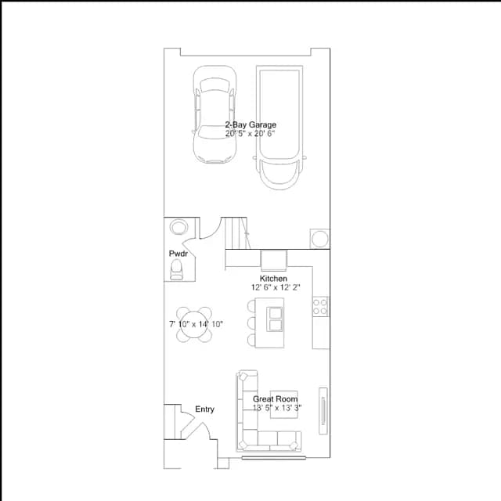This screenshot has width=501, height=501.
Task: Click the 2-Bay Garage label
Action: point(250,124)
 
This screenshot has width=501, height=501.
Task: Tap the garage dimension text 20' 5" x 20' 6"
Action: point(250,134)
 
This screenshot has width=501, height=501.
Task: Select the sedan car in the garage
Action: point(214,114)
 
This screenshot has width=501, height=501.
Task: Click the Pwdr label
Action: point(178,254)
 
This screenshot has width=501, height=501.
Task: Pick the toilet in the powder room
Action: point(176,269)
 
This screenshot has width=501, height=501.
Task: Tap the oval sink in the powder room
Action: point(179,227)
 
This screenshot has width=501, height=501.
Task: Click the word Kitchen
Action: point(273,279)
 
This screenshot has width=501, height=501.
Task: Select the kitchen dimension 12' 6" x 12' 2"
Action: point(276,287)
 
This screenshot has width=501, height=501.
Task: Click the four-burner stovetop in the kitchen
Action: point(320,306)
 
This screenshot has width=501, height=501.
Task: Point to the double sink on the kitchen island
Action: point(275,319)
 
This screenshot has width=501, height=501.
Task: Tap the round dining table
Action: point(194,325)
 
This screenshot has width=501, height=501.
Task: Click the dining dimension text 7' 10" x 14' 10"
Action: point(196,324)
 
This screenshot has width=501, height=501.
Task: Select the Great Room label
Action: point(276,398)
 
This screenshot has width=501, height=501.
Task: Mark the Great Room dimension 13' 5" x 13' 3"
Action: point(277,408)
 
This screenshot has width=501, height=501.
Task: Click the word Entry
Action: point(204,409)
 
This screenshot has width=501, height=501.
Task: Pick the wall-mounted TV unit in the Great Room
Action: point(323,411)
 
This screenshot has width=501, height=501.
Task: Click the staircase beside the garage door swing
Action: point(236,233)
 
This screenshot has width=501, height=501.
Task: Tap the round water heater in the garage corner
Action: point(320,239)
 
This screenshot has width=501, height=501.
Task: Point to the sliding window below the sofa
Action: point(273,458)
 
